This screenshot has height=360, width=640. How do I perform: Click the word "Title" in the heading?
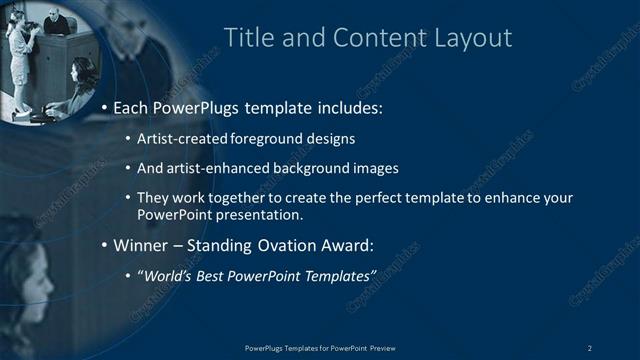[x=246, y=38]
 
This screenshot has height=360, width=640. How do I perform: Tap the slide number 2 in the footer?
[x=589, y=347]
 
